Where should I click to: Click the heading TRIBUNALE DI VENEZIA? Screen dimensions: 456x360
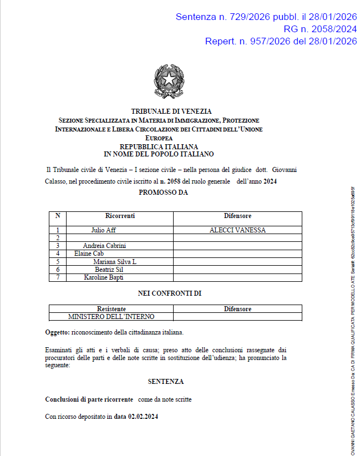tap(171, 112)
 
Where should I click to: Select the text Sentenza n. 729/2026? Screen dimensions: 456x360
tap(221, 17)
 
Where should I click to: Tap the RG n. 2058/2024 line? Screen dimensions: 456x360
tap(320, 29)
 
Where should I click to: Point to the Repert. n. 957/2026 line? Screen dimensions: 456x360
tap(281, 41)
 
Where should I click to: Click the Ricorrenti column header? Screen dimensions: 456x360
tap(120, 216)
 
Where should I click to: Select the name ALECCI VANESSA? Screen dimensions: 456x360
tap(237, 230)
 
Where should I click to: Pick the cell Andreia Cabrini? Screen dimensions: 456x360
tap(104, 245)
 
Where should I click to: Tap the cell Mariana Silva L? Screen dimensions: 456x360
tap(115, 261)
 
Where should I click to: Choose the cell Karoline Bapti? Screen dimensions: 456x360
tap(104, 277)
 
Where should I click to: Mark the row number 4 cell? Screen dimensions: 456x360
tap(58, 254)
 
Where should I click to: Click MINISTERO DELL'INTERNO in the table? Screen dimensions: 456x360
tap(111, 317)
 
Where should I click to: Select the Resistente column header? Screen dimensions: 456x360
tap(111, 309)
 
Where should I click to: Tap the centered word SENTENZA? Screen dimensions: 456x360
tap(166, 382)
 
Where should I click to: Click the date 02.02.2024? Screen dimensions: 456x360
tap(143, 416)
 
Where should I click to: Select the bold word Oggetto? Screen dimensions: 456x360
tap(57, 332)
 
